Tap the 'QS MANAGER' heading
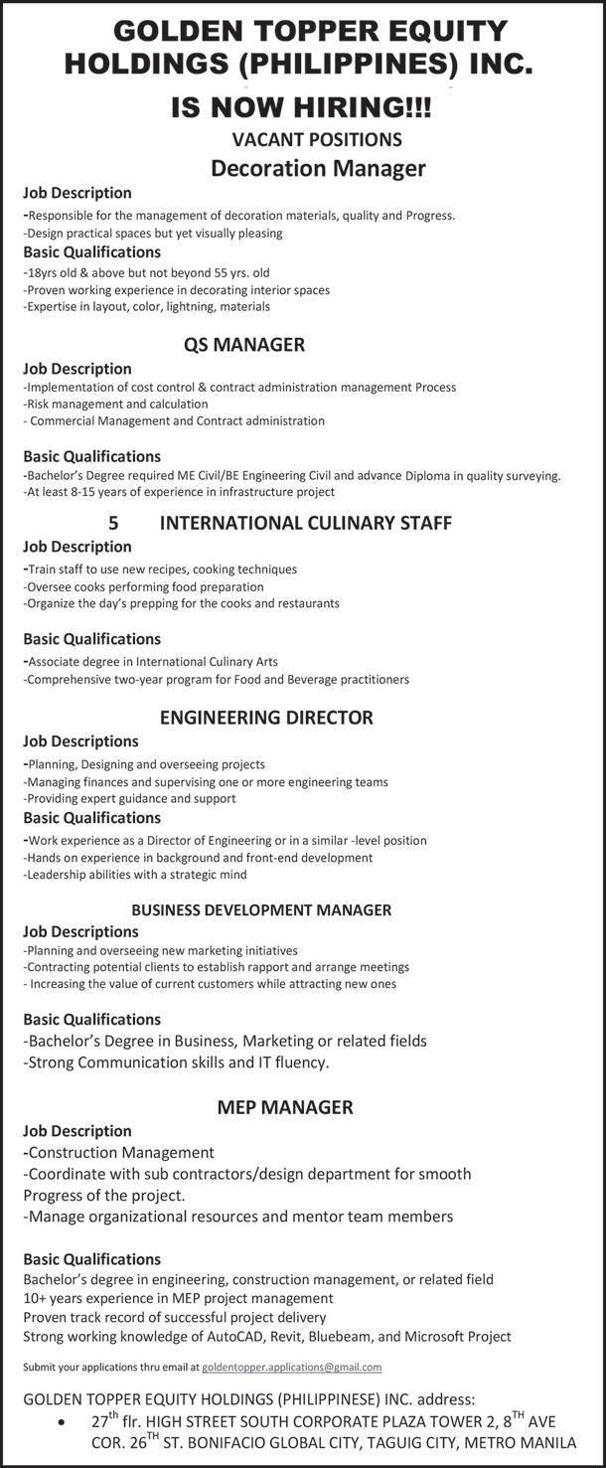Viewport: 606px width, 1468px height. click(x=244, y=345)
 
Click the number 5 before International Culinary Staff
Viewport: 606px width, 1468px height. click(x=113, y=522)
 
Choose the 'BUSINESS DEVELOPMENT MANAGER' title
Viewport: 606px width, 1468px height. click(x=261, y=909)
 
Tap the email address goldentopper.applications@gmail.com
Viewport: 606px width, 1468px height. click(x=291, y=1367)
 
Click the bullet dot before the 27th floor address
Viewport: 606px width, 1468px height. click(x=65, y=1423)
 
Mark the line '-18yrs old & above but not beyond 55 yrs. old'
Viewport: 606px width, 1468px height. click(x=146, y=271)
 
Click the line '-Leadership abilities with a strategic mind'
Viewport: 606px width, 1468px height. click(x=135, y=875)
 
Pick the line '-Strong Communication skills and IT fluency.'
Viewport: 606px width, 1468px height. click(x=176, y=1062)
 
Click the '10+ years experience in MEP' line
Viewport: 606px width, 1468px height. click(x=178, y=1298)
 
